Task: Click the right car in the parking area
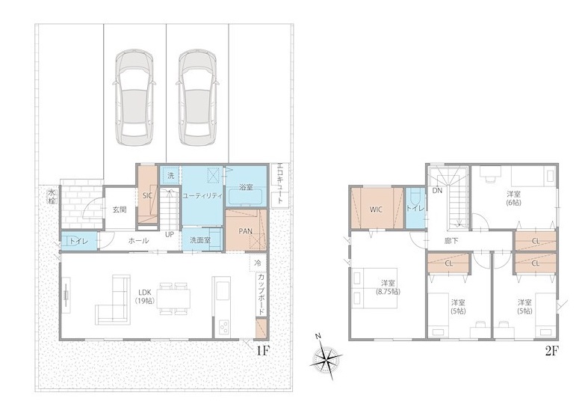point(197,97)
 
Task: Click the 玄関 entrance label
point(120,209)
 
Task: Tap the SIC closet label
point(146,195)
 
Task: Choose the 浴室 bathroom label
point(246,187)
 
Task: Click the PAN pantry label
point(245,231)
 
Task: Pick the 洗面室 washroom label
point(200,240)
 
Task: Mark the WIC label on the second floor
point(376,209)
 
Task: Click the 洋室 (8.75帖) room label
point(388,287)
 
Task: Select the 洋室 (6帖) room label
point(514,198)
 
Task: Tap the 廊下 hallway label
point(451,241)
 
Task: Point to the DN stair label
point(437,190)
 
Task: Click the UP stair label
point(170,235)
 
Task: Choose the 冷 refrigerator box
point(258,263)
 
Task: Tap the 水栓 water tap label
point(51,197)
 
